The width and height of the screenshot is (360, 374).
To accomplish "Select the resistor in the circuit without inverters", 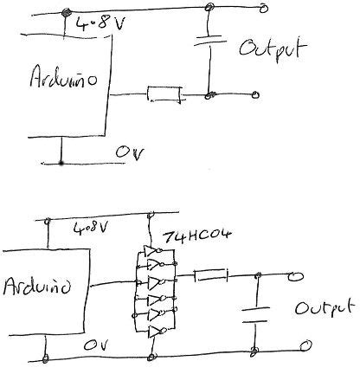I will tap(164, 93).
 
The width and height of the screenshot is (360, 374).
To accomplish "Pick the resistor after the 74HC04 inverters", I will tap(209, 277).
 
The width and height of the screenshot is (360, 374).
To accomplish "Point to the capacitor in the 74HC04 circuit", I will tap(254, 313).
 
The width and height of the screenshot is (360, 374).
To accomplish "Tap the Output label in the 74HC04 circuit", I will tap(324, 308).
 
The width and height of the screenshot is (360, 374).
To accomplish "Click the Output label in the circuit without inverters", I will tap(272, 48).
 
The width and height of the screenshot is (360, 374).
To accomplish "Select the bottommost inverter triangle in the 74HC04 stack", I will tap(154, 332).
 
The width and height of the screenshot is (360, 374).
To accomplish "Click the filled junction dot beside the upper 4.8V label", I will tap(67, 11).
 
